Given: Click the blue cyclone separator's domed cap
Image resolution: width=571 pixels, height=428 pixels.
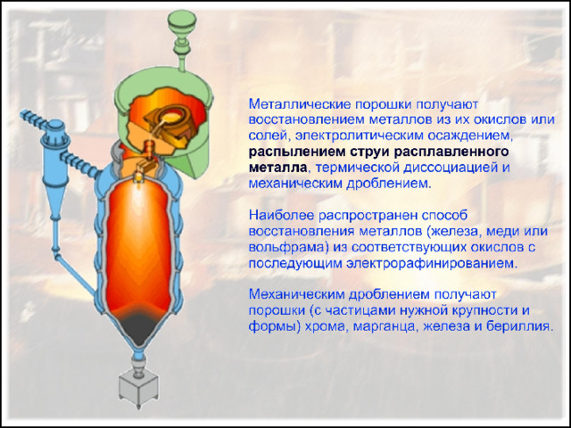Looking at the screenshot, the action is point(55,127).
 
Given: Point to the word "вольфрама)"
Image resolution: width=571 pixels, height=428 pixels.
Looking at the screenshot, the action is point(286,247).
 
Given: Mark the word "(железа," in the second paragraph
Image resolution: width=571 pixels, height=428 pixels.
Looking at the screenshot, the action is point(454,232).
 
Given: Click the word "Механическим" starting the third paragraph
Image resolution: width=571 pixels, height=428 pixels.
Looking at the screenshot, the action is point(297,294).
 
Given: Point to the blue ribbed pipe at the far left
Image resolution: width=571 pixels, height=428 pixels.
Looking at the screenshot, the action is point(34,119).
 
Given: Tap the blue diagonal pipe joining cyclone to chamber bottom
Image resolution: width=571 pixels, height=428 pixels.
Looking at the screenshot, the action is point(76,273).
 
